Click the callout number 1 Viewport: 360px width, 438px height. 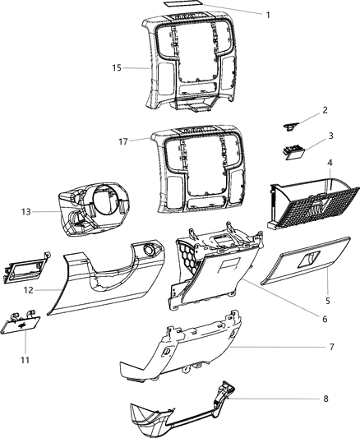pyautogui.click(x=267, y=14)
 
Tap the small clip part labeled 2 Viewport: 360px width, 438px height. pyautogui.click(x=289, y=125)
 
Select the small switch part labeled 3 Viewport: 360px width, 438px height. pyautogui.click(x=291, y=151)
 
